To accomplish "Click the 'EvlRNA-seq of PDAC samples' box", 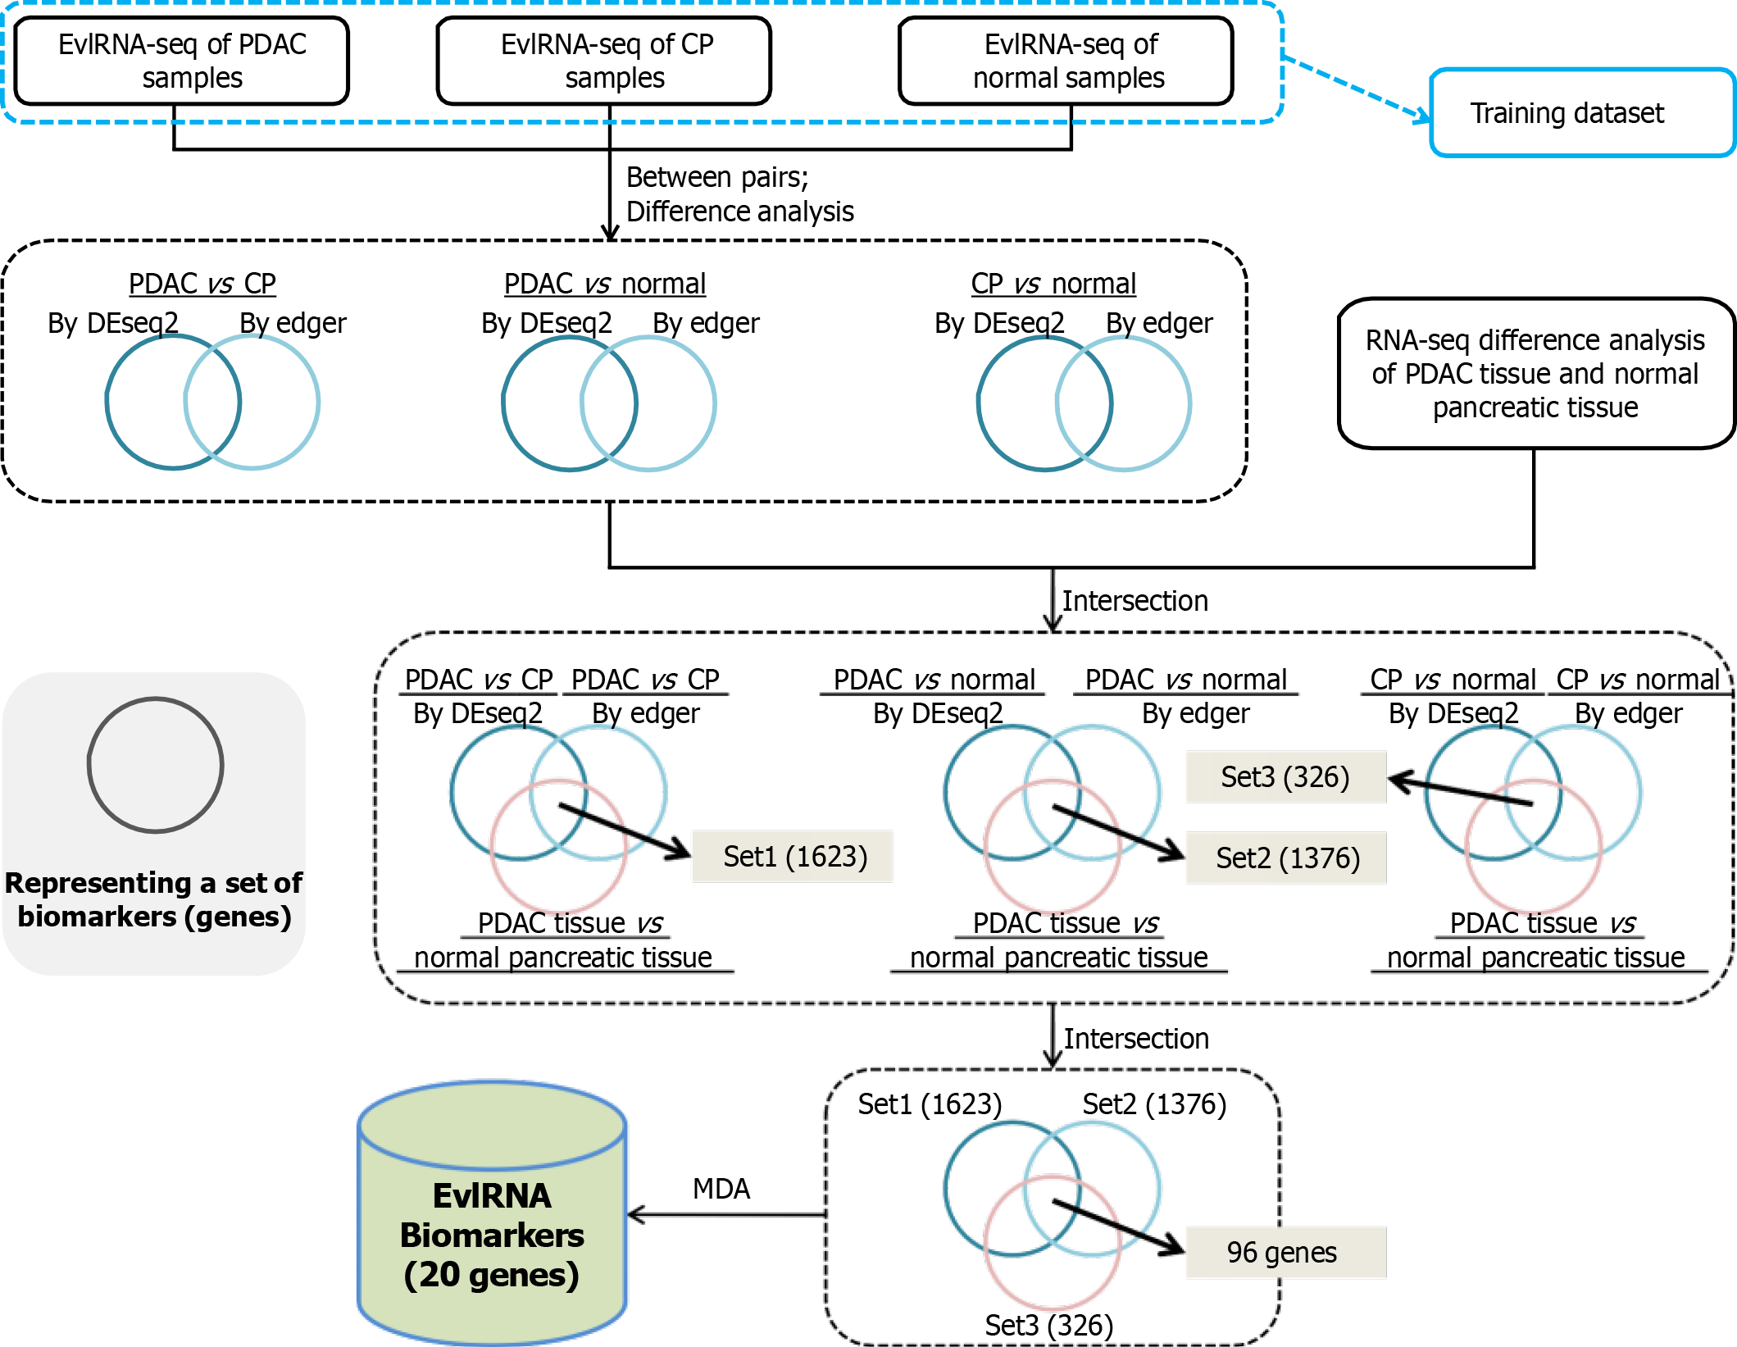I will click(x=182, y=61).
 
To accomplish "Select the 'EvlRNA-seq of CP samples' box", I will click(x=604, y=61).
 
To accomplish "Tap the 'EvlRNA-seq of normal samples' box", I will click(x=1066, y=61).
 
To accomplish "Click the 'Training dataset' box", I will click(x=1582, y=113).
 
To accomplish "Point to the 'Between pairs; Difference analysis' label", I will click(x=739, y=194).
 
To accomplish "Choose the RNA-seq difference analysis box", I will click(x=1535, y=374).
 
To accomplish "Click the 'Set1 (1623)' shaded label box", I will click(x=793, y=857).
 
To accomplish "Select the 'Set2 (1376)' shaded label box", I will click(x=1286, y=858).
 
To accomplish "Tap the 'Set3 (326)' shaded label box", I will click(x=1285, y=777).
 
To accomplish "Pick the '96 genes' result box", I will click(x=1285, y=1253).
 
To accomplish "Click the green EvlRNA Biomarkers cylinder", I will click(x=492, y=1213).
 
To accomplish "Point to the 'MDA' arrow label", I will click(x=721, y=1189).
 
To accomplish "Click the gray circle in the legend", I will click(x=156, y=765).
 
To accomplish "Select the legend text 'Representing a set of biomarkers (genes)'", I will click(x=154, y=899).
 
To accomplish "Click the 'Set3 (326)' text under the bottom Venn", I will click(x=1048, y=1325).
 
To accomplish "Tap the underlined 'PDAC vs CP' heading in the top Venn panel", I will click(x=202, y=284).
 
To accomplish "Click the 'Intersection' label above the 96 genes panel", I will click(x=1135, y=1039).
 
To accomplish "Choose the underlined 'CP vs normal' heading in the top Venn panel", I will click(x=1053, y=284).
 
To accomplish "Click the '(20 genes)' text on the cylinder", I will click(x=492, y=1276).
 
